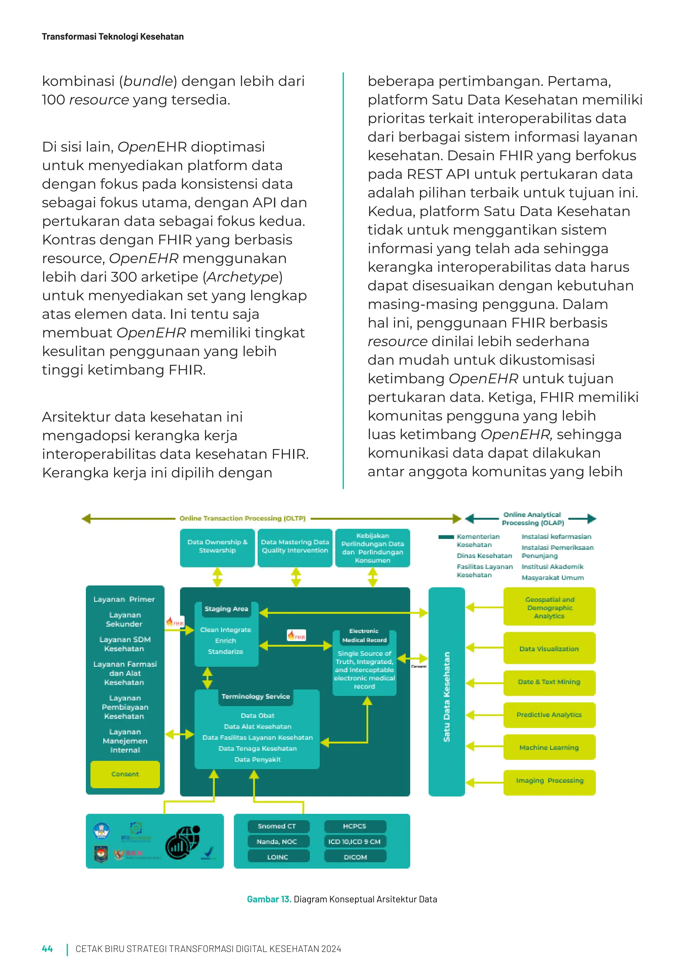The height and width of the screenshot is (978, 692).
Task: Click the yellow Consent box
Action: click(125, 774)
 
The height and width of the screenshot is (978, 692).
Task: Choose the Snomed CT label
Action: click(277, 826)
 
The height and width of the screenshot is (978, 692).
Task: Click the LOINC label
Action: click(277, 857)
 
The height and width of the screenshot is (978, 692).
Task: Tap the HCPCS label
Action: click(355, 826)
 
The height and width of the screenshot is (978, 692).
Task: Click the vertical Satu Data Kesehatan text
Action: click(447, 696)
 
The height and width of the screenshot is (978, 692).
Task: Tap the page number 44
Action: click(47, 949)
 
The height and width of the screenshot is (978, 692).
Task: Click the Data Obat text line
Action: click(257, 716)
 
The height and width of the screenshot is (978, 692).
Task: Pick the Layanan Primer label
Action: click(124, 599)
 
